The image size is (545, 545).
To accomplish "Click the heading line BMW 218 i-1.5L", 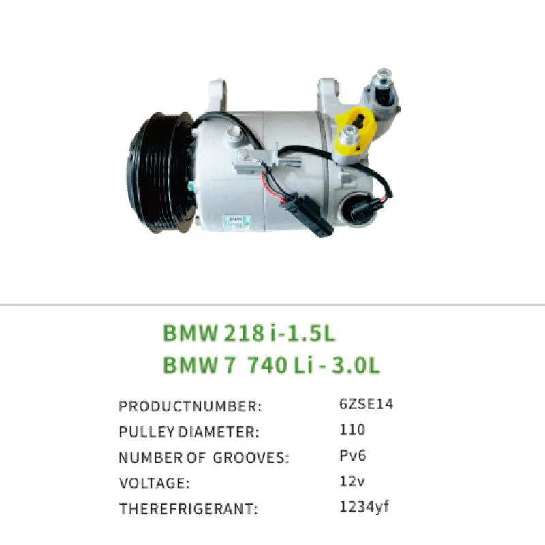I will pyautogui.click(x=249, y=333).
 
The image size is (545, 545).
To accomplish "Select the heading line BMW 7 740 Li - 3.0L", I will pyautogui.click(x=271, y=365).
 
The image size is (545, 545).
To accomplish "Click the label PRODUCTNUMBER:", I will pyautogui.click(x=190, y=407).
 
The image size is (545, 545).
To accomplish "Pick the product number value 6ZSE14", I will pyautogui.click(x=366, y=404).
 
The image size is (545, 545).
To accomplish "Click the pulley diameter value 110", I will pyautogui.click(x=352, y=430).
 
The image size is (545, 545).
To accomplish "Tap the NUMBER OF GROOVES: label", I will pyautogui.click(x=204, y=458).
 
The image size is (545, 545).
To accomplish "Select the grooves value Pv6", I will pyautogui.click(x=353, y=455).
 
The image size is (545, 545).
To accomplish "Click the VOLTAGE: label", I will pyautogui.click(x=154, y=484).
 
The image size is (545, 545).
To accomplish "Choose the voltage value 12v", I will pyautogui.click(x=352, y=481).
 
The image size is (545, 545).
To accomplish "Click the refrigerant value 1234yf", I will pyautogui.click(x=363, y=506).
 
